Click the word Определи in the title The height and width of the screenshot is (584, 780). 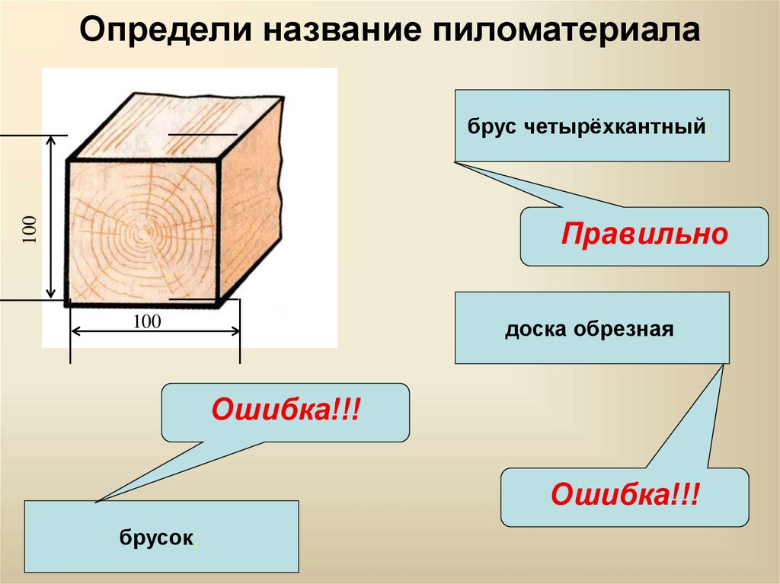(167, 30)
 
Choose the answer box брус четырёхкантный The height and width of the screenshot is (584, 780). (592, 126)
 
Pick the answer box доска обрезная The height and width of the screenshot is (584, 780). (592, 328)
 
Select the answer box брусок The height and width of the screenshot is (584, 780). (161, 537)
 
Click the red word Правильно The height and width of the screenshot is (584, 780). (644, 233)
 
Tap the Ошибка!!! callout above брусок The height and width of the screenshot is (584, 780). (285, 413)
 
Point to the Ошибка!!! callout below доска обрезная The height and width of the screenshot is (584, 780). (625, 497)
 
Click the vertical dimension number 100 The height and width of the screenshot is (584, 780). (30, 229)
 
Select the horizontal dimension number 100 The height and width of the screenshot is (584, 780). (147, 321)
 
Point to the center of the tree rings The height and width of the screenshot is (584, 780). (144, 231)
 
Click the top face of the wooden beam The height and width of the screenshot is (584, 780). (175, 127)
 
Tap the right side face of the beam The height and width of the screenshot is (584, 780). (250, 199)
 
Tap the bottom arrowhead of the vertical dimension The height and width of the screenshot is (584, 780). (51, 293)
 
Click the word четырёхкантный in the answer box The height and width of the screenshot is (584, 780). (615, 127)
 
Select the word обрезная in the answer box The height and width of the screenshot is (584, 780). (624, 329)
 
